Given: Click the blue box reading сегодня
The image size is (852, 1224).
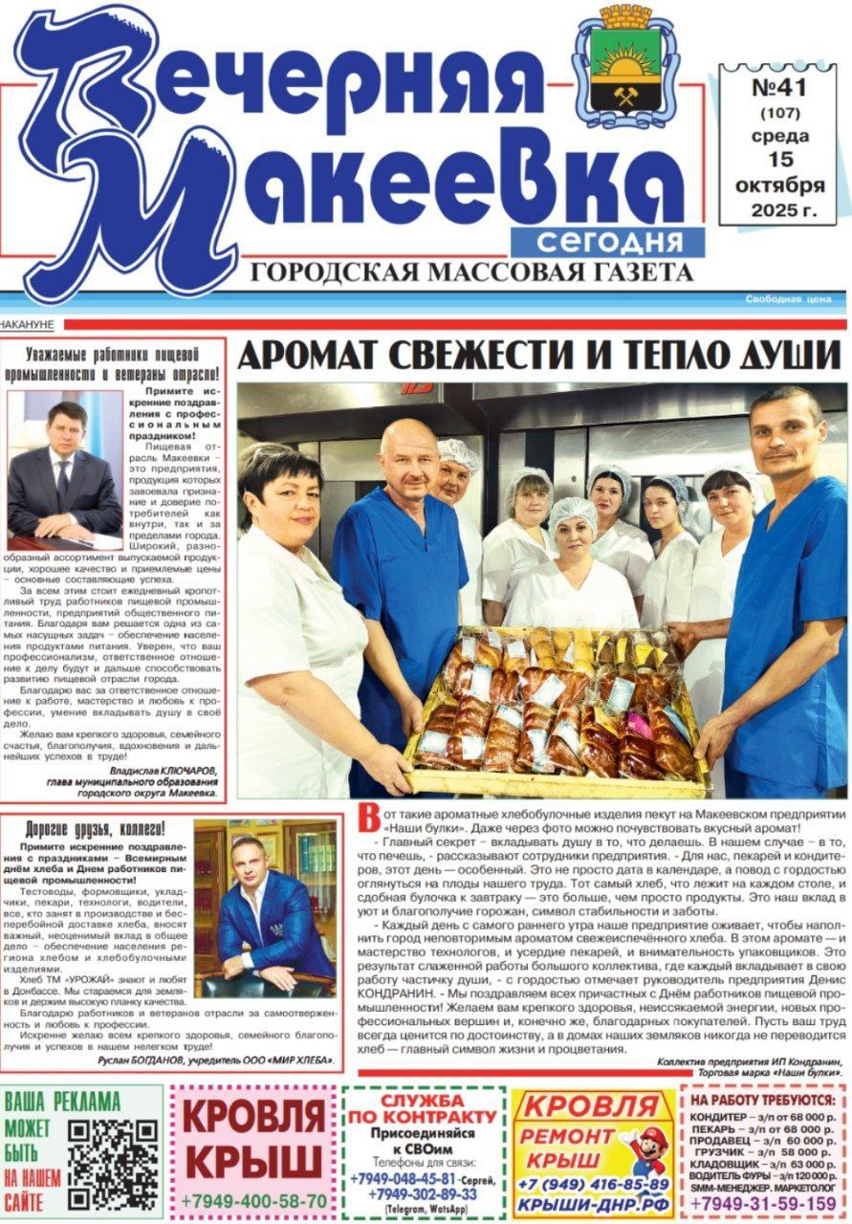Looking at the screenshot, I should (x=608, y=241).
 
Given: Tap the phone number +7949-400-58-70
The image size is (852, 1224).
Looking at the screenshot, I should (x=252, y=1200).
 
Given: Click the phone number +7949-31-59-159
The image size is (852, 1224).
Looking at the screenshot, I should (x=763, y=1203).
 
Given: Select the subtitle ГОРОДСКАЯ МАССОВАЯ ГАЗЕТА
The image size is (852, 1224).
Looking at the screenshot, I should (x=471, y=273).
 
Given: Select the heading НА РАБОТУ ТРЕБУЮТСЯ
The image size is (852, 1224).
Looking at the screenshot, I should (x=763, y=1100).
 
